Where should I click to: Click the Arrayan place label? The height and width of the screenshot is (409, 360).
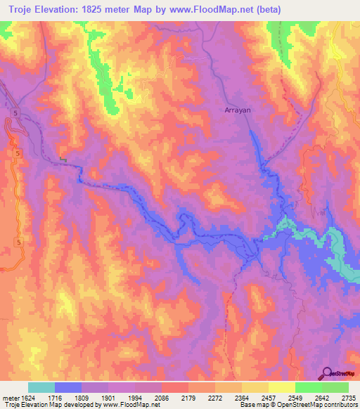tap(237, 110)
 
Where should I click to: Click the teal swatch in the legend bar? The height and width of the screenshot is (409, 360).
tap(41, 387)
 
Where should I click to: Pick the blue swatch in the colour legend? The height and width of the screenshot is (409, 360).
tap(68, 387)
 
